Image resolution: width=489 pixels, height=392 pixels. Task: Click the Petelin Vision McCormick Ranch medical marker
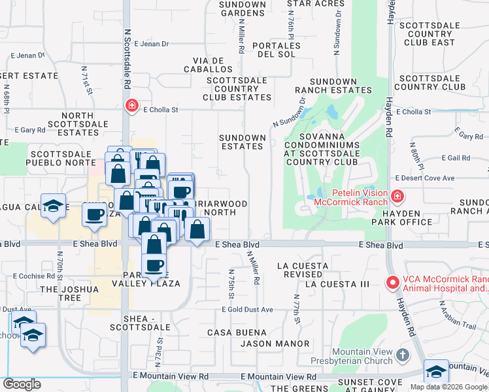point(397,196)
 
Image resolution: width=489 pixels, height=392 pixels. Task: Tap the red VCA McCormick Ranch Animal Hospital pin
point(392,283)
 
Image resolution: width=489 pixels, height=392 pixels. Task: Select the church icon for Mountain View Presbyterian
point(403,356)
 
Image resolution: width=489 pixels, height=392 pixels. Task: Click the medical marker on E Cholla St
point(132,105)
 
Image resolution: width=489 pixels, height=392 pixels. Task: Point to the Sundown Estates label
point(242,142)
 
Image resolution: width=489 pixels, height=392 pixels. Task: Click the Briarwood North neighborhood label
point(219,208)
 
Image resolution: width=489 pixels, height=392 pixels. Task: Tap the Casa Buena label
point(228,333)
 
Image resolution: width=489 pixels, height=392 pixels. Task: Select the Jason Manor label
point(275,344)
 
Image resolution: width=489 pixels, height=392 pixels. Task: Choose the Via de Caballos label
point(209,64)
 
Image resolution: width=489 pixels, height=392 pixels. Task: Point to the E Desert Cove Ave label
point(424,178)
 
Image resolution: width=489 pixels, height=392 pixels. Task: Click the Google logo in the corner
point(22,384)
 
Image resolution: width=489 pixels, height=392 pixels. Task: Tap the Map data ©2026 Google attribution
point(448,387)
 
